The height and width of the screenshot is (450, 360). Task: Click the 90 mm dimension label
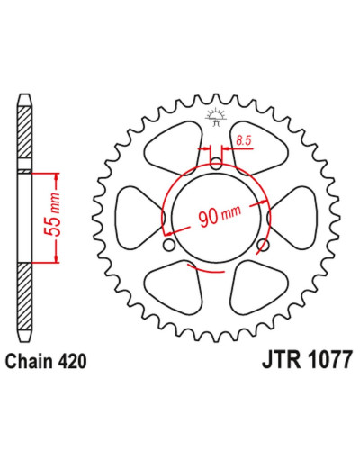point(220,215)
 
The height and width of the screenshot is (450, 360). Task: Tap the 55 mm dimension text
point(52,214)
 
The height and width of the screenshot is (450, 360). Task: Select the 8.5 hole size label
point(243,140)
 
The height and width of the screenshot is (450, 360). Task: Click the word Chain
point(29,361)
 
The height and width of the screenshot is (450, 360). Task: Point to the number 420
point(72,361)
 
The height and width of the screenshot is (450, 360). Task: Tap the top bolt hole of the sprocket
point(216,164)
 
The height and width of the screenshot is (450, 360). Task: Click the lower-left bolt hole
point(169,245)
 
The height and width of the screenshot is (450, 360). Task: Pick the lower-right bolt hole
point(263,245)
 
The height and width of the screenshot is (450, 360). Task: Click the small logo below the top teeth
point(215,117)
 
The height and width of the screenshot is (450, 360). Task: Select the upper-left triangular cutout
point(174,147)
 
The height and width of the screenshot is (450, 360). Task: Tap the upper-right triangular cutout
point(259,147)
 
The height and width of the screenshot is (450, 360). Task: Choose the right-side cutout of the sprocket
point(294,218)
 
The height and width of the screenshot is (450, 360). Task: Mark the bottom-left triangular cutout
point(174,286)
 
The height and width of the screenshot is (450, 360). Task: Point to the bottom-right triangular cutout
point(259,286)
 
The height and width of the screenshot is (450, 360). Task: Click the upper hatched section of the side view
point(24,132)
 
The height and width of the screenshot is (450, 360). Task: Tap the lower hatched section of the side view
point(24,296)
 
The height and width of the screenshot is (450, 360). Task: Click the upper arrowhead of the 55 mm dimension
point(56,177)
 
